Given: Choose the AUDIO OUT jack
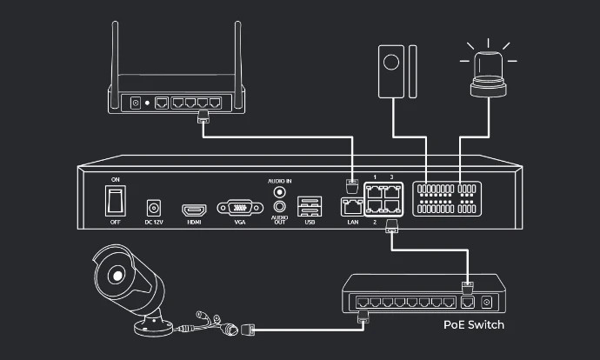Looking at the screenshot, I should click(x=280, y=207).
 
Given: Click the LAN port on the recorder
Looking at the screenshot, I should click(x=351, y=207).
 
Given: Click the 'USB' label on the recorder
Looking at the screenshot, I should click(x=309, y=223).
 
